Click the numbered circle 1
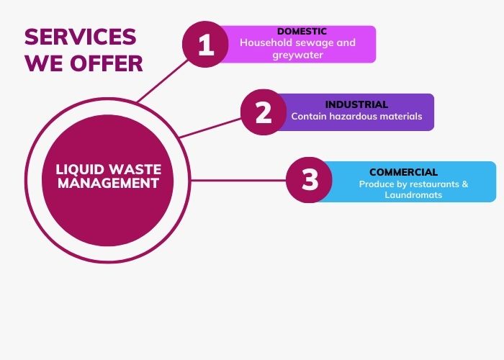pyautogui.click(x=207, y=45)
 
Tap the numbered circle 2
pyautogui.click(x=264, y=112)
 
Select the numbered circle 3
pyautogui.click(x=310, y=180)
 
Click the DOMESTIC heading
pyautogui.click(x=302, y=32)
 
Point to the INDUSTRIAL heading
pyautogui.click(x=356, y=104)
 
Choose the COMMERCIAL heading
pyautogui.click(x=403, y=172)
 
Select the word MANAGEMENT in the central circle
pyautogui.click(x=109, y=184)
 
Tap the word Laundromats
pyautogui.click(x=413, y=195)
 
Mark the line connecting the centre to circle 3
pyautogui.click(x=238, y=180)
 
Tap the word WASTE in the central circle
pyautogui.click(x=135, y=170)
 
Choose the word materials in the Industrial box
pyautogui.click(x=398, y=116)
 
